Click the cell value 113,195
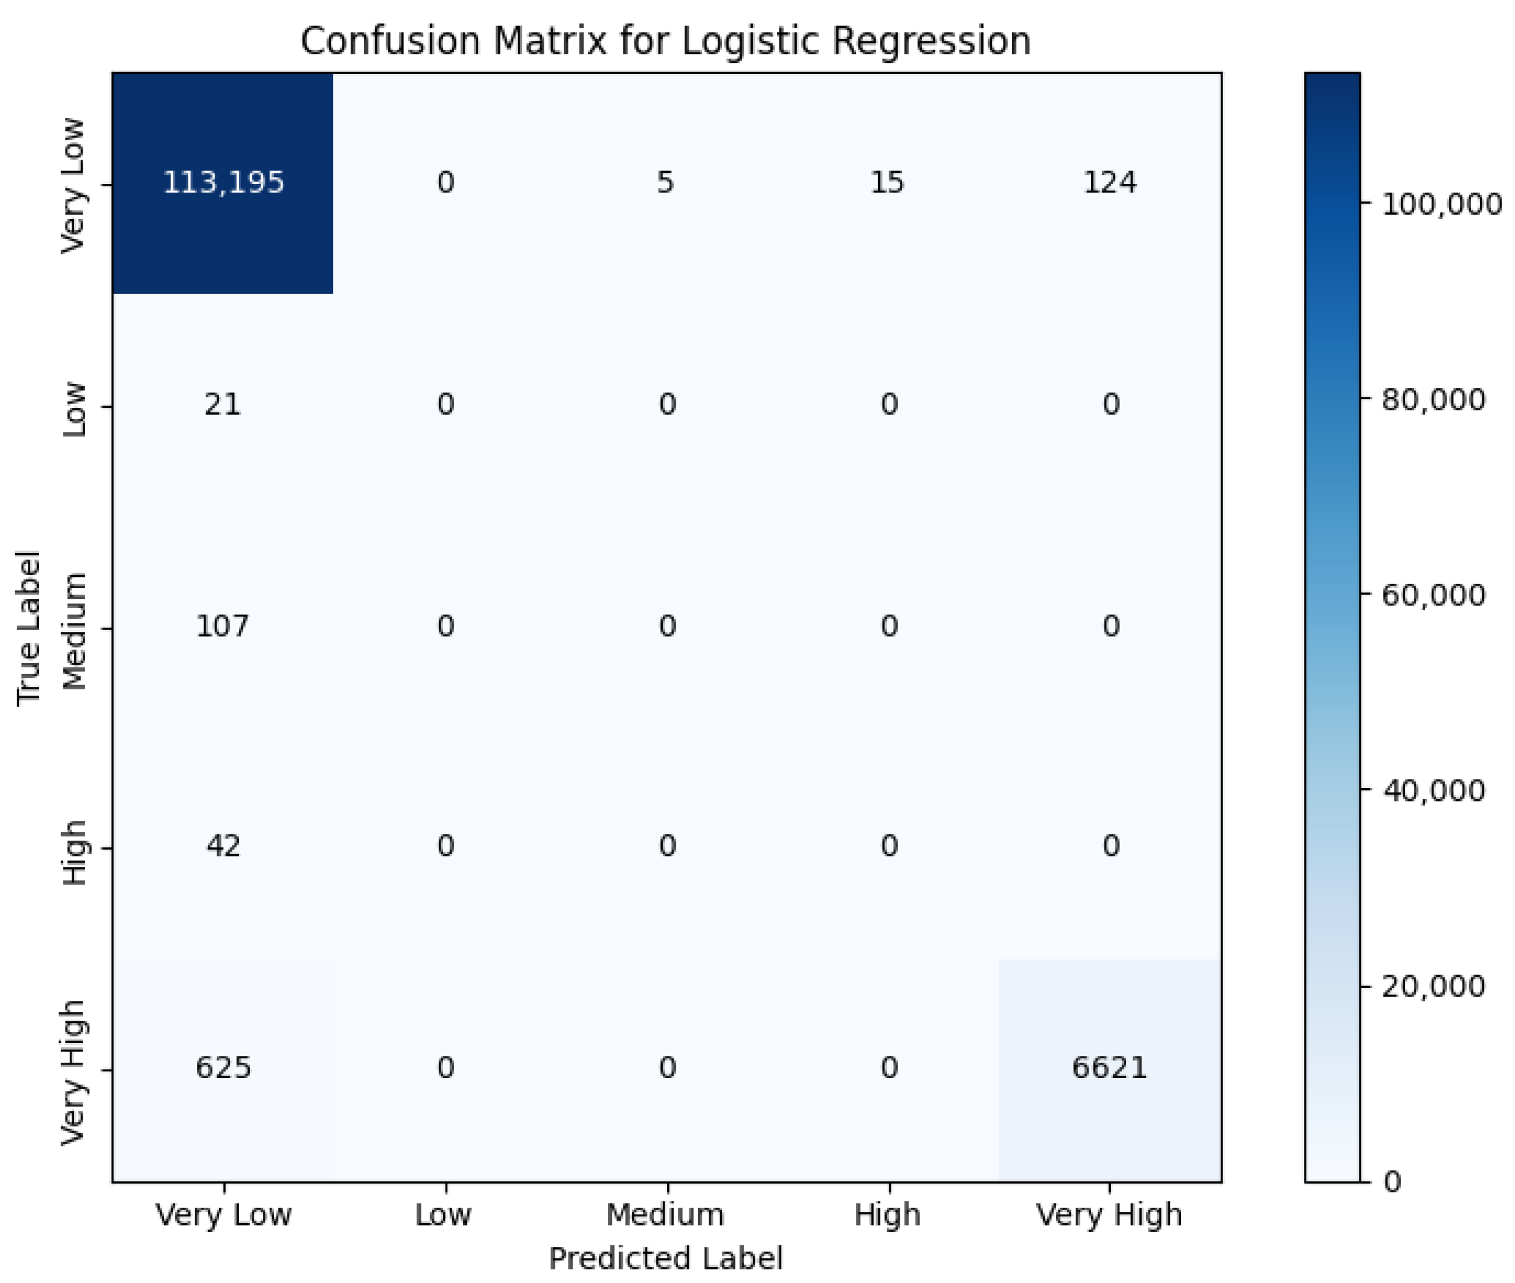tap(223, 182)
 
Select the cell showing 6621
tap(1109, 1067)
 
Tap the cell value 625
tap(223, 1067)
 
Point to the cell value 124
tap(1109, 182)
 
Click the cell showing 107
tap(223, 626)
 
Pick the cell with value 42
tap(223, 845)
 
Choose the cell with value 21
tap(223, 404)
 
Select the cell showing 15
tap(887, 182)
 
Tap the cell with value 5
tap(665, 182)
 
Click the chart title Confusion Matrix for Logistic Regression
tap(665, 41)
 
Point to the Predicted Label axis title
tap(665, 1258)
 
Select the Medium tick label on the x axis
tap(665, 1214)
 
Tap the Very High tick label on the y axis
tap(73, 1072)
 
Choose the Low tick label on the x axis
tap(443, 1214)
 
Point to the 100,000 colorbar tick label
tap(1441, 205)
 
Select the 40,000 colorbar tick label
tap(1434, 790)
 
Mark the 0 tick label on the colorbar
tap(1392, 1182)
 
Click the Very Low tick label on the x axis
tap(223, 1214)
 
